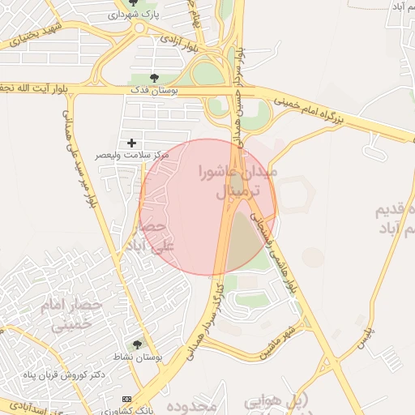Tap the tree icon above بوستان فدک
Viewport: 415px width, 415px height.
click(x=154, y=79)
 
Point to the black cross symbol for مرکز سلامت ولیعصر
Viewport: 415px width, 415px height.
click(x=132, y=143)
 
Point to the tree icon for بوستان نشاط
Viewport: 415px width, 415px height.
click(x=137, y=345)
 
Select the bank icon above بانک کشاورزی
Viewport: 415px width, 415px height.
click(x=126, y=400)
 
